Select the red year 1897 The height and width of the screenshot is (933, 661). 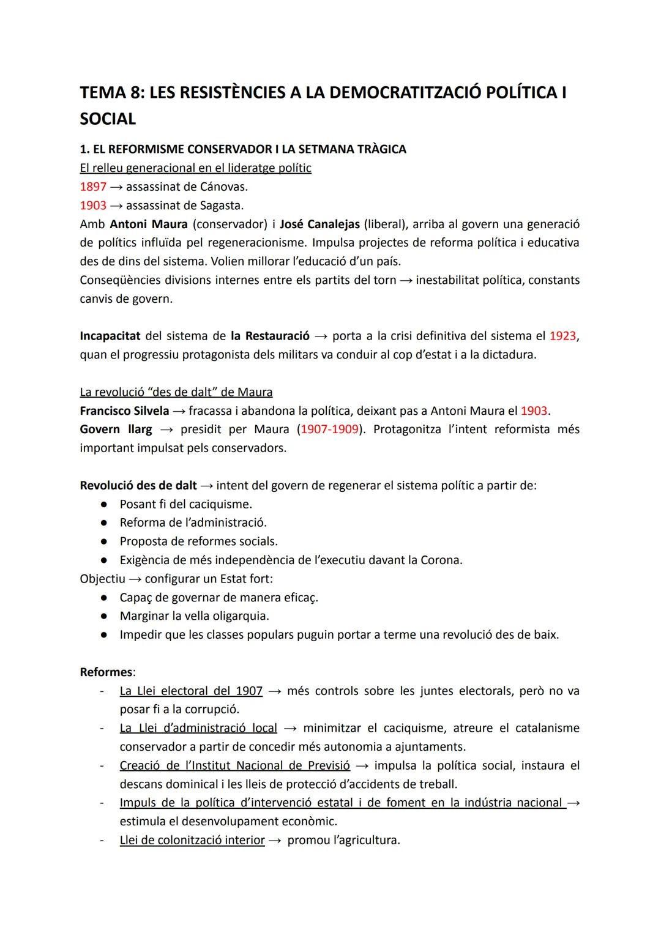pyautogui.click(x=93, y=187)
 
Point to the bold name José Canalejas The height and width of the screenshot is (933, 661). pyautogui.click(x=319, y=224)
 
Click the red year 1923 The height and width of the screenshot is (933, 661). pyautogui.click(x=562, y=336)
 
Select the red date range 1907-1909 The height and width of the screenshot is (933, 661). pyautogui.click(x=329, y=429)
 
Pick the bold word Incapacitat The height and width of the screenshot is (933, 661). pyautogui.click(x=110, y=336)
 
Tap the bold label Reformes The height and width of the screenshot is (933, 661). pyautogui.click(x=106, y=672)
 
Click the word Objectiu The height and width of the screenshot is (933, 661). pyautogui.click(x=102, y=578)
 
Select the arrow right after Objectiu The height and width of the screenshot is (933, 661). pyautogui.click(x=135, y=578)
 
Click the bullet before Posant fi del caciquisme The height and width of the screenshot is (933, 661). pyautogui.click(x=105, y=504)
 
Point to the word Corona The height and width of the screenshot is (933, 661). pyautogui.click(x=440, y=560)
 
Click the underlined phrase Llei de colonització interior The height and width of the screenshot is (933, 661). pyautogui.click(x=192, y=840)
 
